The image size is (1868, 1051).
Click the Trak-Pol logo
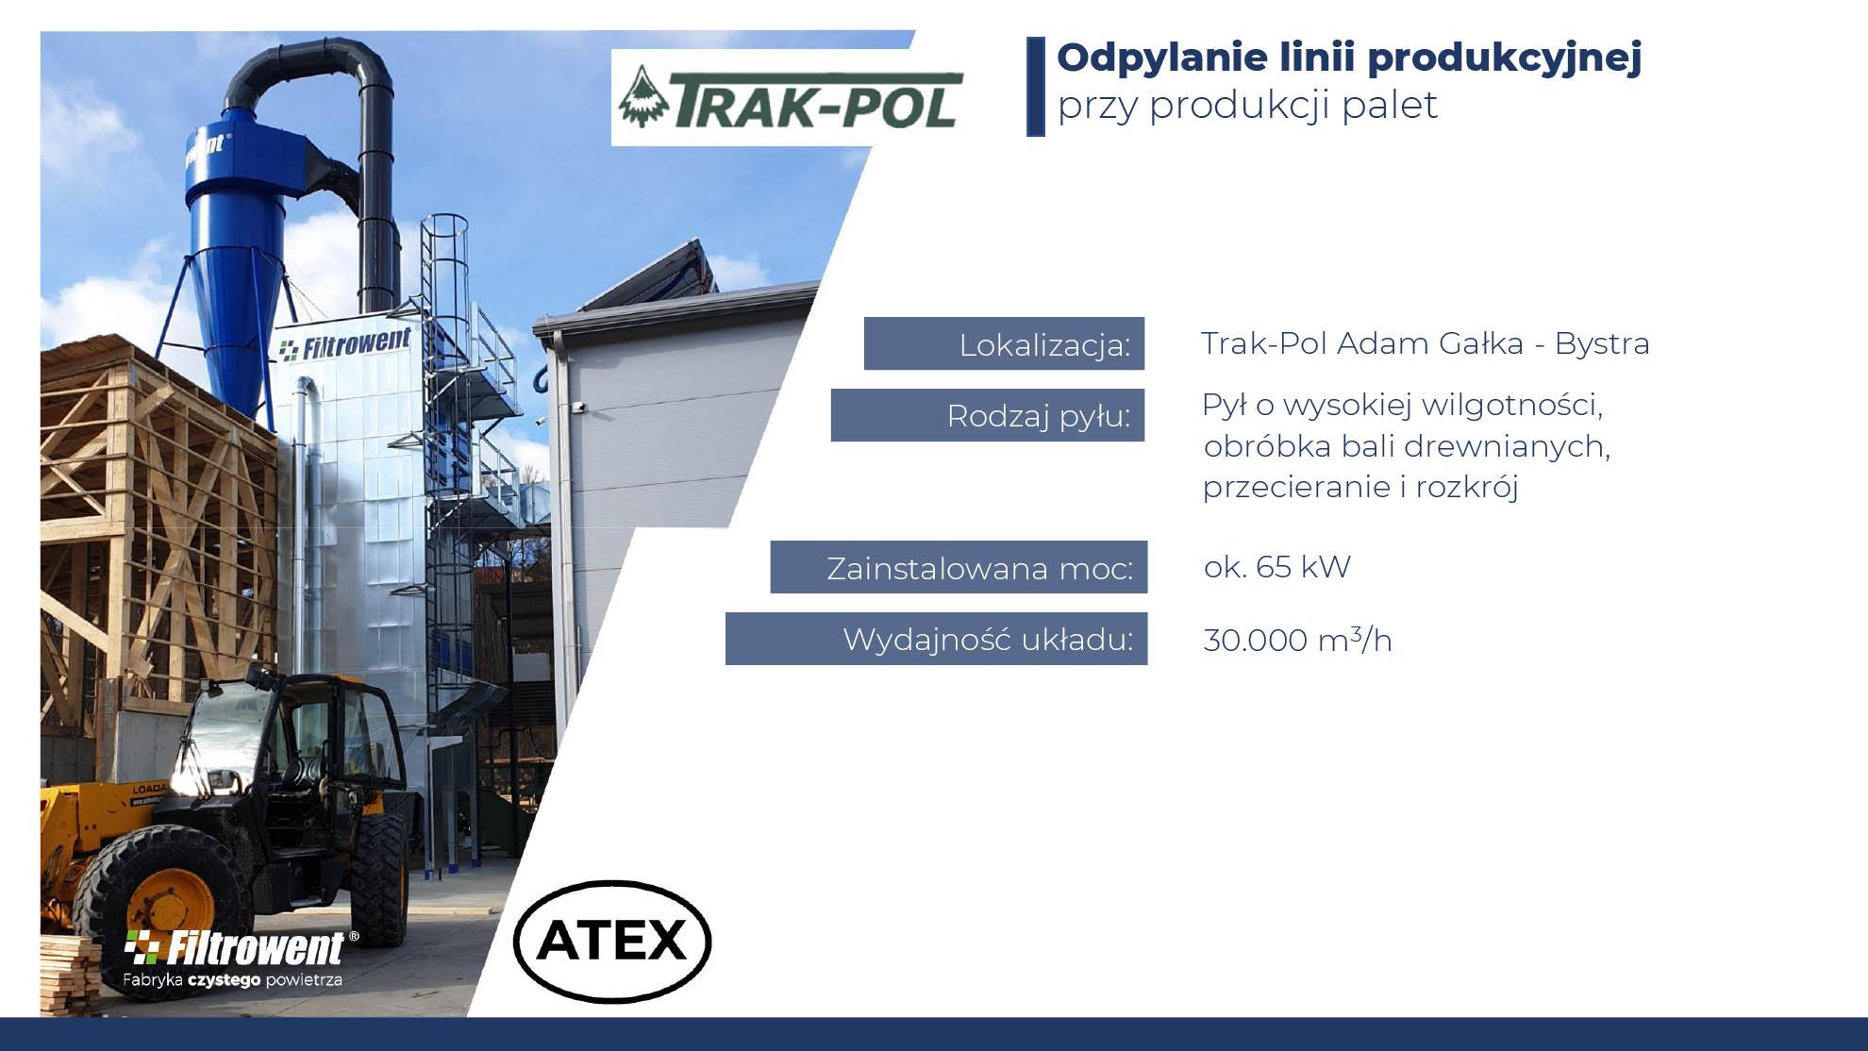[x=789, y=97]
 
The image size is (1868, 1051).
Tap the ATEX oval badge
[x=612, y=940]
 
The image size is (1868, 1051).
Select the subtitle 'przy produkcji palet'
[x=1247, y=106]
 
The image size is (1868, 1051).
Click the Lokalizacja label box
[x=1004, y=343]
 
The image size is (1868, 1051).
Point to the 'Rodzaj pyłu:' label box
[x=988, y=415]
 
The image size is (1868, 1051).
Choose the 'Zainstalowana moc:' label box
[x=959, y=567]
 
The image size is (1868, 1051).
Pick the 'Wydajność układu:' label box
[x=936, y=639]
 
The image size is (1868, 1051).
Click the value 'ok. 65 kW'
[x=1277, y=567]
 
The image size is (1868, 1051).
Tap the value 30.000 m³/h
[x=1297, y=640]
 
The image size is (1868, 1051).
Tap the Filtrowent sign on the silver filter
[x=345, y=343]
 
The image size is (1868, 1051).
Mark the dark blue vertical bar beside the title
[x=1035, y=87]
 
